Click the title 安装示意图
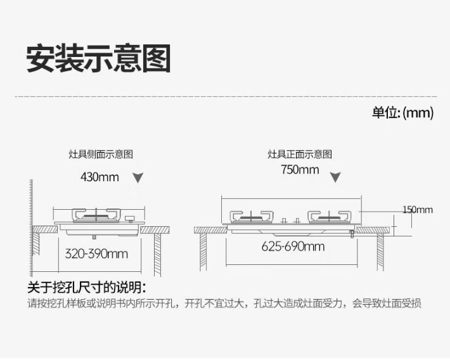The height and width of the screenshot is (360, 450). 99,58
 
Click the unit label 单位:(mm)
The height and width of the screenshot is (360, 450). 402,113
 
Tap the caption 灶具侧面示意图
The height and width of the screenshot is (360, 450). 101,154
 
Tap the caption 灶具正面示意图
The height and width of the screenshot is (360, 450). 300,154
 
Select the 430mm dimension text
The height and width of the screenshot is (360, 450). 100,177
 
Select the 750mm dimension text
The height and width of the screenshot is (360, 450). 300,169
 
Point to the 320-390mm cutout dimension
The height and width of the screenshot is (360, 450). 96,254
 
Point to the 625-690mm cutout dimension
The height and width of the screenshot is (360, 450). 293,247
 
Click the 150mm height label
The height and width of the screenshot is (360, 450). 417,210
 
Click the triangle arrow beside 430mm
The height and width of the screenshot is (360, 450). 138,178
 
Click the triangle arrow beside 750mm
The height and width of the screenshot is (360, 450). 337,177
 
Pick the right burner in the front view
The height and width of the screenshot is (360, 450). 332,215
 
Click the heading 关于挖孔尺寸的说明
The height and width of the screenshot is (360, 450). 87,286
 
